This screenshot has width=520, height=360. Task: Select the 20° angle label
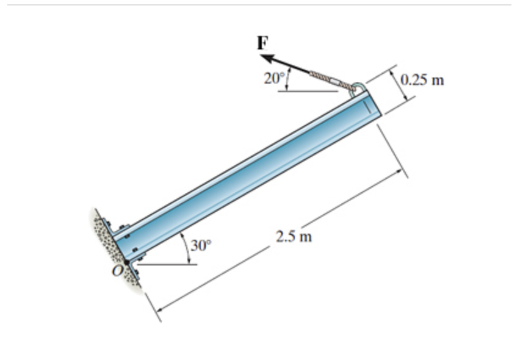pos(274,78)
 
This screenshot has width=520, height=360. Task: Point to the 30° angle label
pos(200,246)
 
